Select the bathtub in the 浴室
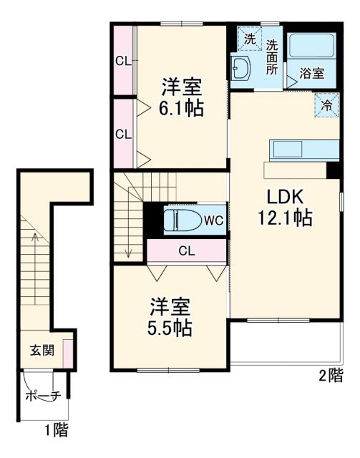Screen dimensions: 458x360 (x=312, y=49)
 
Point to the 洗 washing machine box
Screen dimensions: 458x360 (x=249, y=40)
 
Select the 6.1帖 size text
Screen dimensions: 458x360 (x=180, y=109)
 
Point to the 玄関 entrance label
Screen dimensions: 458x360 (x=40, y=351)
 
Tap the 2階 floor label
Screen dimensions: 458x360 (x=330, y=375)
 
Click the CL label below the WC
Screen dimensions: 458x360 (x=186, y=250)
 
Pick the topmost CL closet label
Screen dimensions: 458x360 (x=123, y=61)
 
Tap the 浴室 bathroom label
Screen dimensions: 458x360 (x=312, y=74)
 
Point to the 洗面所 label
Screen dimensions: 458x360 (x=273, y=57)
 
